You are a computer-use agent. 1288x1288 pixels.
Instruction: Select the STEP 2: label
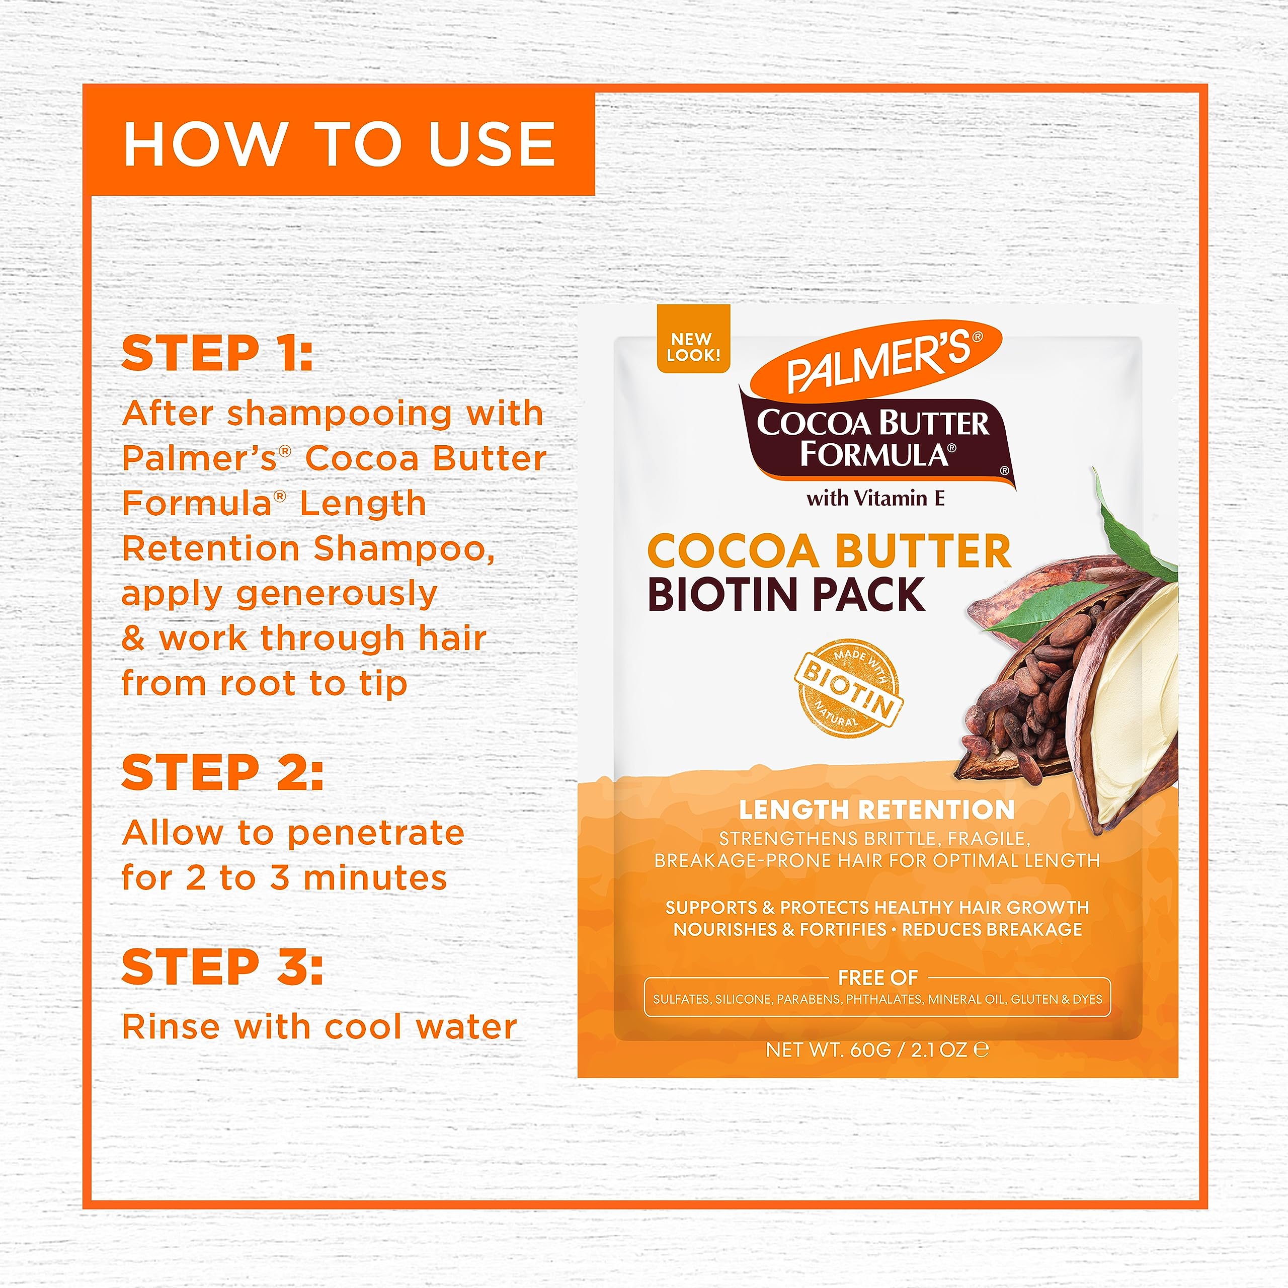point(222,773)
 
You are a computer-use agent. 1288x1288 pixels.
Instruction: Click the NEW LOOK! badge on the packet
point(693,347)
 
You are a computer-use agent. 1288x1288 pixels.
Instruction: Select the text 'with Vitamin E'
point(875,498)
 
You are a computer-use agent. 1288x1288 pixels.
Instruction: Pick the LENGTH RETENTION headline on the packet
point(876,810)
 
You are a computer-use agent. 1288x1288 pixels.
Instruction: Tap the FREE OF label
point(877,978)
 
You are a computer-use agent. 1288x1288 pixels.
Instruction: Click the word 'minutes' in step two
point(375,878)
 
